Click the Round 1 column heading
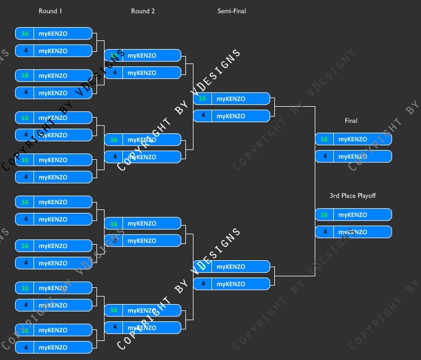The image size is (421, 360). point(50,11)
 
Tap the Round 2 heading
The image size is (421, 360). point(143,11)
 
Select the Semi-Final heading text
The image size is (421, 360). point(232,11)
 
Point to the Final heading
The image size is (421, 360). point(351,121)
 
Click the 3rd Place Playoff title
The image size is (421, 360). point(353,196)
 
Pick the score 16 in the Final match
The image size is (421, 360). point(324,139)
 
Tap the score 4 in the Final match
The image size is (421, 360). point(324,156)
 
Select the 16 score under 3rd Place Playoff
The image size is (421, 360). point(324,215)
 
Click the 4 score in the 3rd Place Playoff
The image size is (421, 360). point(324,232)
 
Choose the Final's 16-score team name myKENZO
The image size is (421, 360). point(353,139)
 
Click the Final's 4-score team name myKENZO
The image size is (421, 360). point(353,156)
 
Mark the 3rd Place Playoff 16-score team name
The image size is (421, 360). point(353,215)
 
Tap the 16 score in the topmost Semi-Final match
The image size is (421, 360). point(202,99)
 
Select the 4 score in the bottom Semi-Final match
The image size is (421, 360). point(202,284)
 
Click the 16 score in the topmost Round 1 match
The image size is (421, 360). point(25,33)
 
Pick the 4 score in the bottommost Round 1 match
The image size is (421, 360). point(25,347)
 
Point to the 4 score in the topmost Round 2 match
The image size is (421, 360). point(114,73)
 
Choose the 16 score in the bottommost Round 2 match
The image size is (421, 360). point(114,310)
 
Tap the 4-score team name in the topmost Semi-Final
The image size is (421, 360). point(231,116)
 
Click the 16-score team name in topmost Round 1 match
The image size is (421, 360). point(53,33)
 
